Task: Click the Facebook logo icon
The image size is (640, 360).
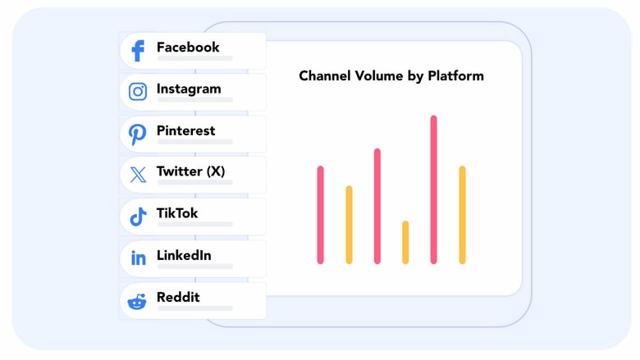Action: click(x=138, y=51)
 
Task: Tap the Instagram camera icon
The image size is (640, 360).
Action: click(x=138, y=92)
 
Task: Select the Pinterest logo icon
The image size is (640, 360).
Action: click(x=138, y=134)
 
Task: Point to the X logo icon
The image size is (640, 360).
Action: click(x=138, y=175)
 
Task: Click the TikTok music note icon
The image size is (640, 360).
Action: click(x=138, y=216)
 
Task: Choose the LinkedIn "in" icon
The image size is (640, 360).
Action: click(x=138, y=258)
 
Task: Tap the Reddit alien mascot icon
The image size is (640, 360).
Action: click(x=137, y=301)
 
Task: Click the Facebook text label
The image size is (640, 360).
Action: click(x=188, y=48)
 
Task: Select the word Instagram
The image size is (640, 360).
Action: click(x=189, y=89)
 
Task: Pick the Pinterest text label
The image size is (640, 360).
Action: click(x=185, y=130)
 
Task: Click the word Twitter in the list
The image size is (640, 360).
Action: click(x=179, y=171)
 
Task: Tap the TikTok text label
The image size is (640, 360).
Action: click(x=177, y=213)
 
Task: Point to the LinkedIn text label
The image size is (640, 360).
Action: click(x=184, y=255)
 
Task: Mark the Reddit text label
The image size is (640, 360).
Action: click(x=178, y=297)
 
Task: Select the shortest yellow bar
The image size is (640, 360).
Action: click(x=405, y=242)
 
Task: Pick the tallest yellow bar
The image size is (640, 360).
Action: click(x=462, y=215)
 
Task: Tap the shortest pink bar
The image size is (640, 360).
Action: click(x=320, y=215)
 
